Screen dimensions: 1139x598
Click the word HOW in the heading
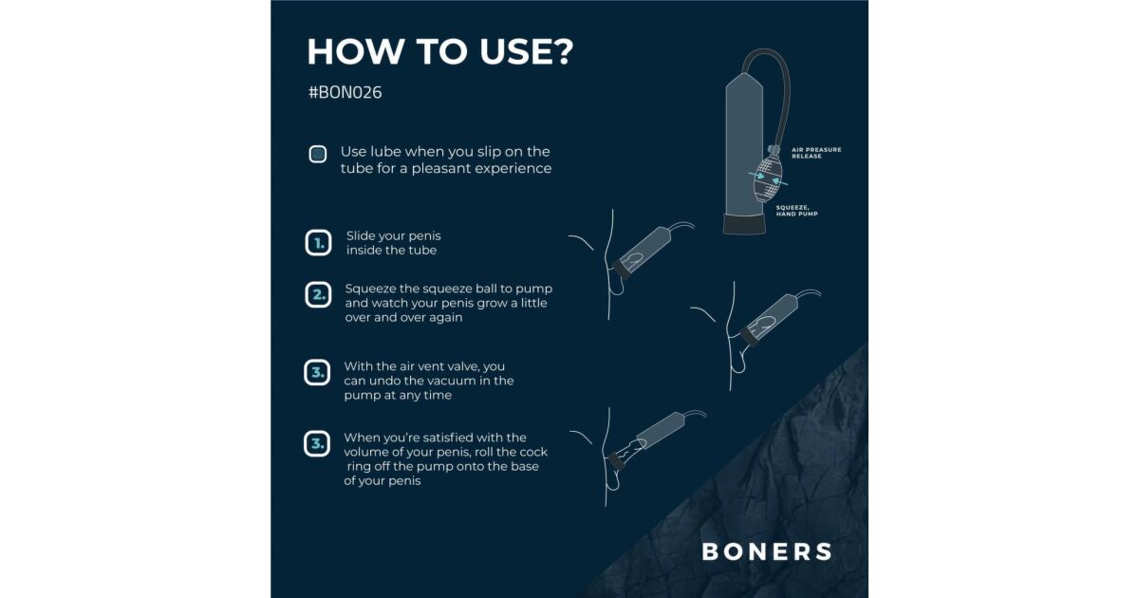coord(356,51)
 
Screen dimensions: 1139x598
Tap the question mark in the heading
coord(562,51)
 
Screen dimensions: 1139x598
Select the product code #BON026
coord(345,93)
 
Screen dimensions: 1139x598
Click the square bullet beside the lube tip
coord(318,154)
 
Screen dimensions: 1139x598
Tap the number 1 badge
coord(318,243)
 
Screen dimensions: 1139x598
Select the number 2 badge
coord(318,295)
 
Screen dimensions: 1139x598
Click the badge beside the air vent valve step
coord(317,373)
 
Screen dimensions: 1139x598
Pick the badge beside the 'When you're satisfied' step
coord(317,444)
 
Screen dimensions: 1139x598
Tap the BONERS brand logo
coord(767,551)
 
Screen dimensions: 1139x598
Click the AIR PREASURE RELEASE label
coord(816,153)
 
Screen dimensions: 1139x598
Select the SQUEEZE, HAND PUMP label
coord(796,211)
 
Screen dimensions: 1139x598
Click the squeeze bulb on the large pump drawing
coord(767,179)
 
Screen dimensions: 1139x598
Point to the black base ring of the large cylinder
coord(744,224)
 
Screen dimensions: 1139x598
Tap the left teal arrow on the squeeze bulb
coord(756,176)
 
